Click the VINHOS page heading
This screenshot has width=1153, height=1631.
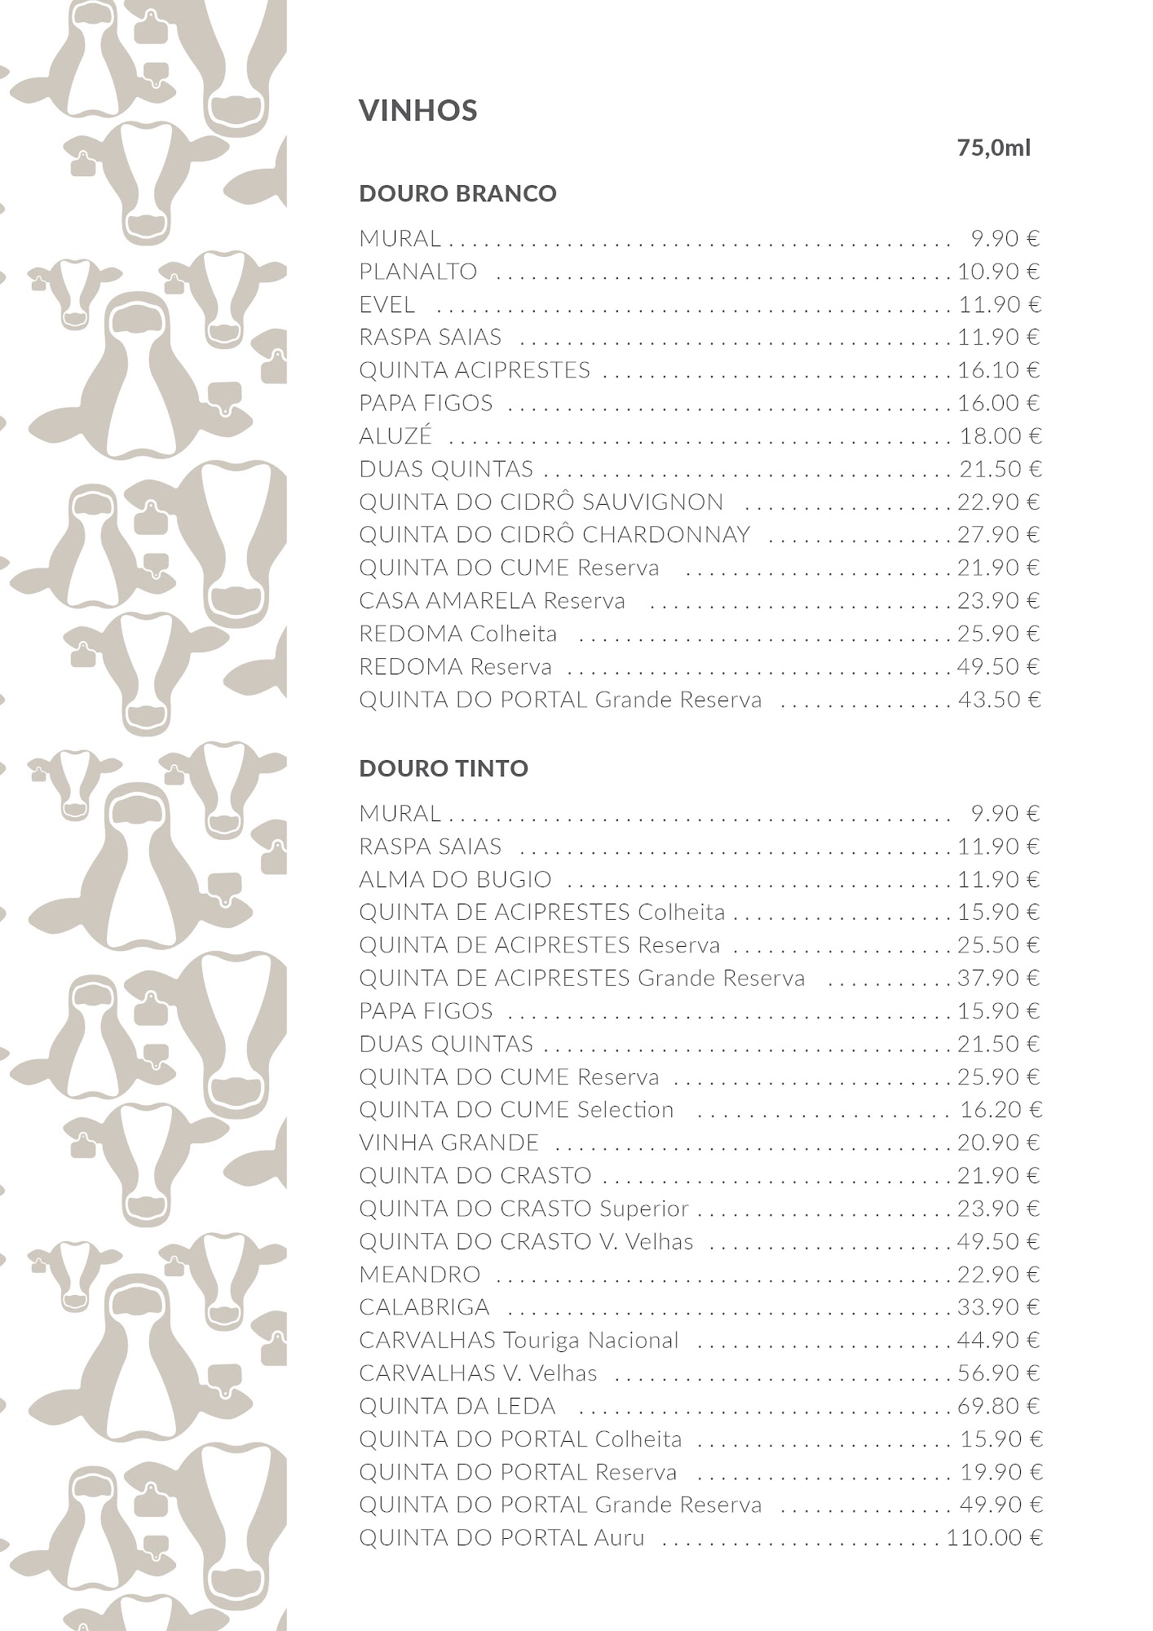click(x=417, y=110)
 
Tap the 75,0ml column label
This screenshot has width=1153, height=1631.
click(x=993, y=148)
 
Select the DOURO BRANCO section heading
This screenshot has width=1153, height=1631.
click(x=457, y=193)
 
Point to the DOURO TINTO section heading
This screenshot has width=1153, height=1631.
click(x=444, y=768)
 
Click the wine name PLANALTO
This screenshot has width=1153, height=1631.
click(x=417, y=272)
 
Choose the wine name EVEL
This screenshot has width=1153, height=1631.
click(x=387, y=305)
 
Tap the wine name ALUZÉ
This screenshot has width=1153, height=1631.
click(x=395, y=436)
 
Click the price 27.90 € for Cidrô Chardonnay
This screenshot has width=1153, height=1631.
click(x=999, y=535)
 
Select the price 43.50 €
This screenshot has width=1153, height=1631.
click(x=999, y=700)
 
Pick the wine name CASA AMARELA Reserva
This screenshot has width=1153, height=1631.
click(x=492, y=601)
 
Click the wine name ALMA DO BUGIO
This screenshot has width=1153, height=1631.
click(x=455, y=880)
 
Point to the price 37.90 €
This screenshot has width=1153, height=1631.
click(x=999, y=979)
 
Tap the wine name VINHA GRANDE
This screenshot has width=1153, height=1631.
click(x=448, y=1143)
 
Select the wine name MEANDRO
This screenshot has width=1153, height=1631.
click(x=419, y=1275)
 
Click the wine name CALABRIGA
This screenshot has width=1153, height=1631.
click(x=424, y=1307)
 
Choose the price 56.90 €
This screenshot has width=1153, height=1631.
click(x=999, y=1373)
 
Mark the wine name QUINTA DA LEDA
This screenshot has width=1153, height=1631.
click(x=457, y=1407)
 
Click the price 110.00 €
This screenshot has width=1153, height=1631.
click(x=994, y=1538)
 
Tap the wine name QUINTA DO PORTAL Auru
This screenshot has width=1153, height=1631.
click(x=501, y=1538)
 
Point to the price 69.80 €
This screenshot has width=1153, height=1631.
click(x=999, y=1407)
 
